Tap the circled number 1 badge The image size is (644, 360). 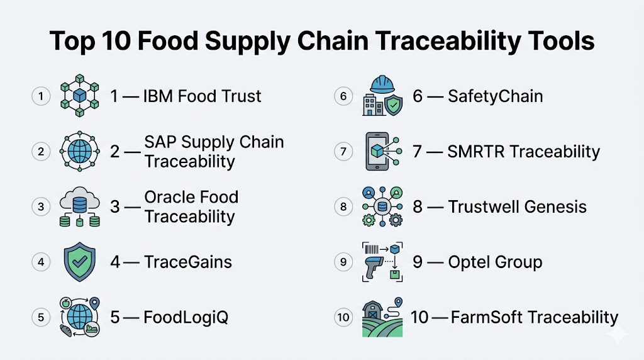tap(41, 96)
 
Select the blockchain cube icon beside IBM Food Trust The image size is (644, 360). tap(80, 96)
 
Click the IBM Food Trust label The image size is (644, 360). tap(202, 96)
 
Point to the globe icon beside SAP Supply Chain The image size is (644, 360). tap(80, 151)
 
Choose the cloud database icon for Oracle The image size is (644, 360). tap(80, 206)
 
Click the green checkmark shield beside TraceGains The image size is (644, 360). tap(80, 262)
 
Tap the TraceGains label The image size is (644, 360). tap(187, 262)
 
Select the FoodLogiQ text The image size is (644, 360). tap(186, 317)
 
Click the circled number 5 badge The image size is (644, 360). tap(41, 317)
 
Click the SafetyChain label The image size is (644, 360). tap(496, 96)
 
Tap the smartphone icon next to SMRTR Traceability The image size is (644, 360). tap(377, 151)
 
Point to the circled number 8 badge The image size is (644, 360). tap(343, 206)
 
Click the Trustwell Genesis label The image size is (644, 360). tap(517, 206)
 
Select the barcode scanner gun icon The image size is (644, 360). tap(373, 267)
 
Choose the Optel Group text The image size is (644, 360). tap(495, 262)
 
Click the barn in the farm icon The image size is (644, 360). tap(372, 311)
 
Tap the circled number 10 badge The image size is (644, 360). tap(343, 317)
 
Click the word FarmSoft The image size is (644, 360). tap(487, 317)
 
